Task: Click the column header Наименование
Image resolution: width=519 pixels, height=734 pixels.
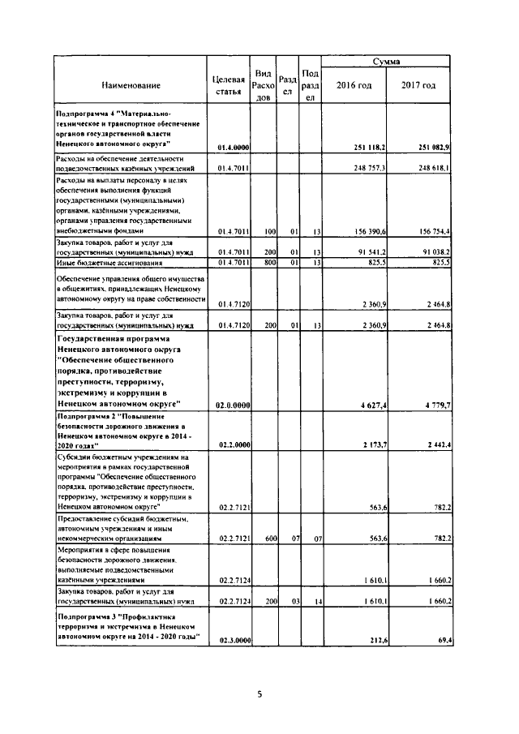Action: [x=131, y=85]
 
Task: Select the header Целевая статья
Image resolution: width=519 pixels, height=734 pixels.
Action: [x=228, y=85]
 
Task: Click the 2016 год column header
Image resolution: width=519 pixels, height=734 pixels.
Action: [x=354, y=85]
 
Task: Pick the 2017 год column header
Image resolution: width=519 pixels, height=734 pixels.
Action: [x=418, y=85]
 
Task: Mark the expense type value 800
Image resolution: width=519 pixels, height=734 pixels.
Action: [x=271, y=262]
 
